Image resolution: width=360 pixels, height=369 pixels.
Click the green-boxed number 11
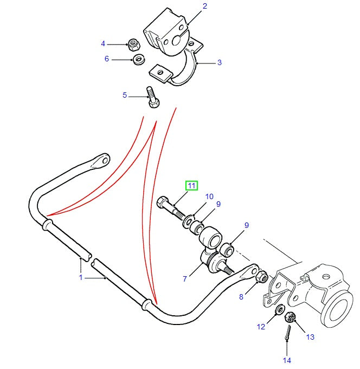[x=192, y=186]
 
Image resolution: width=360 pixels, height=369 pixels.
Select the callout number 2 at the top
[x=205, y=7]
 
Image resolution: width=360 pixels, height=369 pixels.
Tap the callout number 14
[x=287, y=360]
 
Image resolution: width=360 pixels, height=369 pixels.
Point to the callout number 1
[x=81, y=278]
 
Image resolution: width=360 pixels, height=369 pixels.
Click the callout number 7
[x=185, y=279]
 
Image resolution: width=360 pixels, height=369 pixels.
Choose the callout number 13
[x=310, y=337]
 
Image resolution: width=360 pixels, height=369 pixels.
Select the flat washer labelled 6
[x=138, y=59]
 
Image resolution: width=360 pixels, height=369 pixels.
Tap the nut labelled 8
[x=261, y=277]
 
